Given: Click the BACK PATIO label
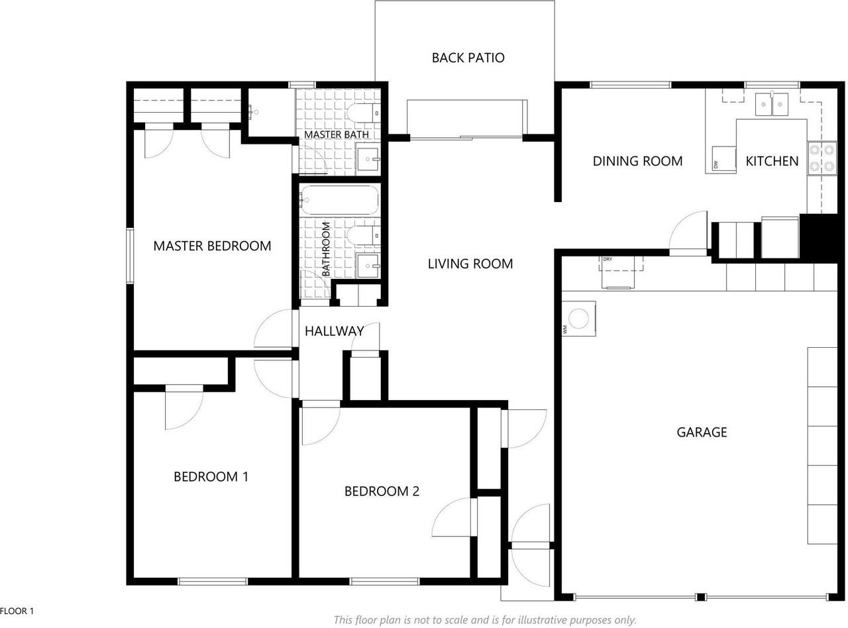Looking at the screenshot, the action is pos(468,58).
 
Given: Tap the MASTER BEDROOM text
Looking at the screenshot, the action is pos(212,246).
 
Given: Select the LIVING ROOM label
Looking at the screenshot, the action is pos(470,264).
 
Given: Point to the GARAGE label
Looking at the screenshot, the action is pos(702,432).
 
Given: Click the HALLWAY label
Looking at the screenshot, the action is pos(334,331).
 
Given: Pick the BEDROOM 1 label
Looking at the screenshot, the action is pos(211,476).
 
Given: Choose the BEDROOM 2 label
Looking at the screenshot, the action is pos(382,491).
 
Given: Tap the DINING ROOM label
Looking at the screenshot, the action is pos(637,161).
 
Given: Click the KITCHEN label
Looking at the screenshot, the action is pos(772,161).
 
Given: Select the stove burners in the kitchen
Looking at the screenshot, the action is pos(822,158).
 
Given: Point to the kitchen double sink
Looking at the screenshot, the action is pos(772,104).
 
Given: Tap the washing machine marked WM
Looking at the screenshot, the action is pos(579,319).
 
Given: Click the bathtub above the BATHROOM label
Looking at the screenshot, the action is pos(339,200).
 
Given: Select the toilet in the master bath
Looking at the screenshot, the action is pos(364,113).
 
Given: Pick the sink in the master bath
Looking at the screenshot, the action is pos(368,159).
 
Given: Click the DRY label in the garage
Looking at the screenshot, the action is pos(608,259).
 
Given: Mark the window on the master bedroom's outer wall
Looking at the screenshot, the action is pos(130,256).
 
